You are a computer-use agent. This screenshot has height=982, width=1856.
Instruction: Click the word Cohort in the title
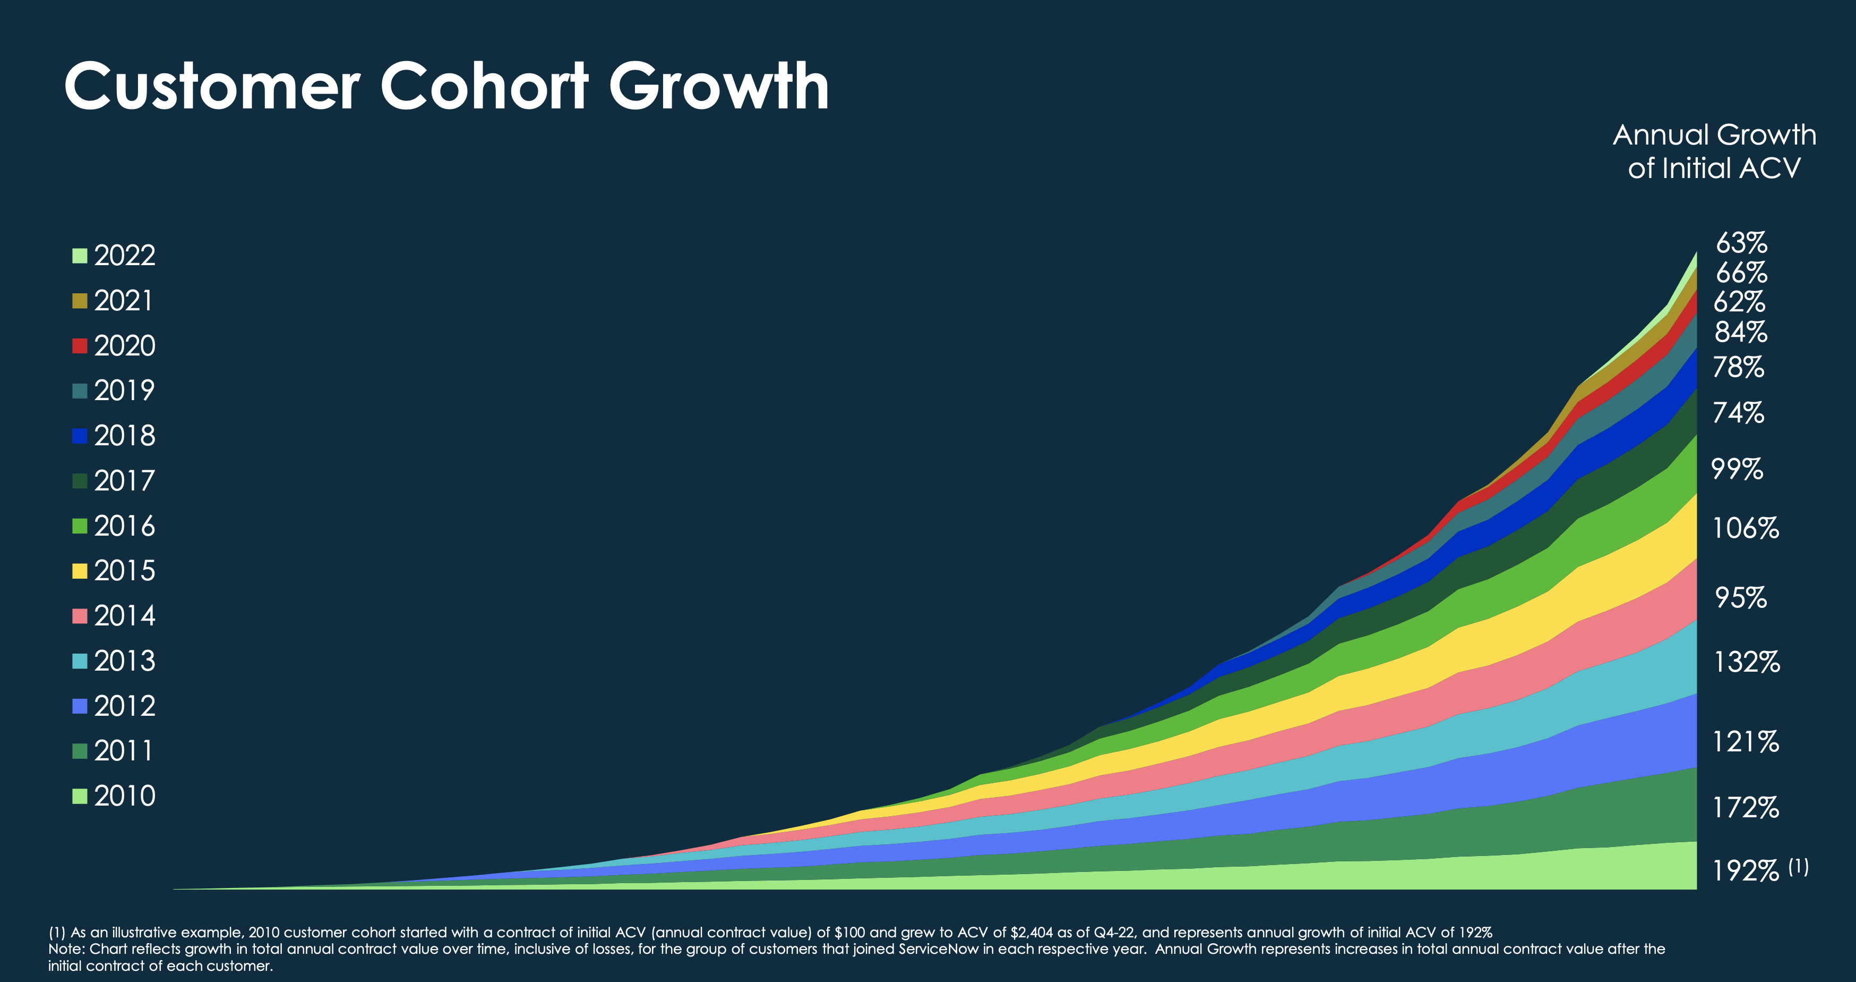pyautogui.click(x=484, y=87)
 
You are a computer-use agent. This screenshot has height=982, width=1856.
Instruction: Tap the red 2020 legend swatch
pyautogui.click(x=79, y=346)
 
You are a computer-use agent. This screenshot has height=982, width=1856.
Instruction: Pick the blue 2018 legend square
pyautogui.click(x=79, y=436)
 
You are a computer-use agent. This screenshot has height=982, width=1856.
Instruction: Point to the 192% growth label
pyautogui.click(x=1745, y=871)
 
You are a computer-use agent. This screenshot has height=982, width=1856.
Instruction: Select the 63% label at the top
pyautogui.click(x=1741, y=243)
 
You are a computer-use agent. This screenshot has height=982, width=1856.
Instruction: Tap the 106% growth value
pyautogui.click(x=1745, y=529)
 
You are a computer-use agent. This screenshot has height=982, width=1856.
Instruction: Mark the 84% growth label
pyautogui.click(x=1741, y=332)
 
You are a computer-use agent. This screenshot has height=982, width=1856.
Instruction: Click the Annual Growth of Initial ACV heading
pyautogui.click(x=1713, y=151)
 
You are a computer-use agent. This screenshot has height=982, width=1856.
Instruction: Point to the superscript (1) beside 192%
pyautogui.click(x=1798, y=866)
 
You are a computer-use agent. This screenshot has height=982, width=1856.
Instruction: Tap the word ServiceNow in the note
pyautogui.click(x=938, y=949)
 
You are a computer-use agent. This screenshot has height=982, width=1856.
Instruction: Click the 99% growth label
pyautogui.click(x=1737, y=469)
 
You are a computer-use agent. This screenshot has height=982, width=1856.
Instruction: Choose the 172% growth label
pyautogui.click(x=1745, y=808)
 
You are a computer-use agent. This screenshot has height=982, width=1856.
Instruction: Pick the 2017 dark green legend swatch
pyautogui.click(x=79, y=481)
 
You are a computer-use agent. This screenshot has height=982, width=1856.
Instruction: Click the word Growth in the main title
pyautogui.click(x=718, y=87)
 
